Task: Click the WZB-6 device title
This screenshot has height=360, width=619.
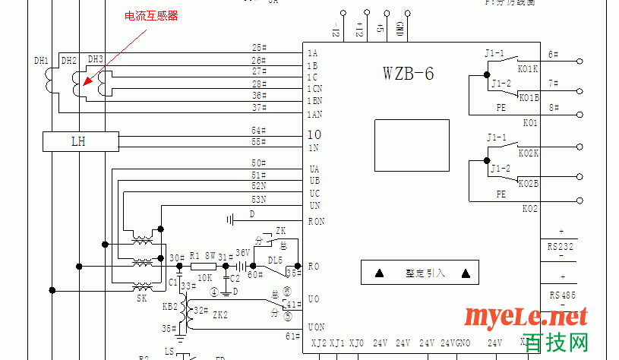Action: click(409, 74)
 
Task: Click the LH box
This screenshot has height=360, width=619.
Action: click(79, 141)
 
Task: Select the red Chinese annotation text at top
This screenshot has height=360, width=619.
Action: click(151, 16)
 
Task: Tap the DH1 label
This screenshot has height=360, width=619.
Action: click(41, 61)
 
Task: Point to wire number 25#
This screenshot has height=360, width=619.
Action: click(259, 48)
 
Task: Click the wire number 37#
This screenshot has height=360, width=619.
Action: click(259, 108)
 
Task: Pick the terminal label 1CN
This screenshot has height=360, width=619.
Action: click(314, 89)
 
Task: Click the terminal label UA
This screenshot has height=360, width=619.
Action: click(314, 169)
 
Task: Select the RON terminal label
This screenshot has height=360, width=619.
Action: click(316, 221)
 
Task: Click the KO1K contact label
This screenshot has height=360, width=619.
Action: click(528, 69)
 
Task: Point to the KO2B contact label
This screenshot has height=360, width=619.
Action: click(528, 184)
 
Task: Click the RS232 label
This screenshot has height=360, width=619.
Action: click(560, 246)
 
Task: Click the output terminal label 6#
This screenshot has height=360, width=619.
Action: click(553, 55)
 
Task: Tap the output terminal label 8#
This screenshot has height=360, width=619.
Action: click(553, 108)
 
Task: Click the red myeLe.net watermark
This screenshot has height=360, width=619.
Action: click(525, 315)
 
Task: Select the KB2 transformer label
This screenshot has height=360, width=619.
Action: click(170, 306)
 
